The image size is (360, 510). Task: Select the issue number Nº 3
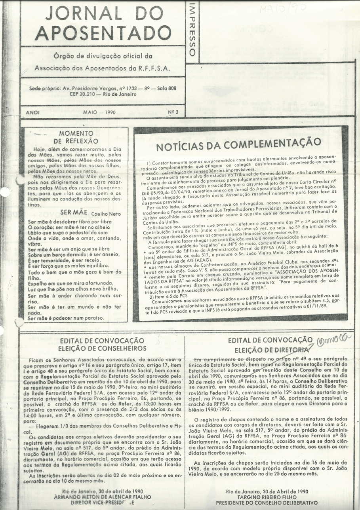(173, 112)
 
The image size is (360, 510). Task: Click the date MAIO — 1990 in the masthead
(99, 112)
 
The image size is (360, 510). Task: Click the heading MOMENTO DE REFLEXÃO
(76, 137)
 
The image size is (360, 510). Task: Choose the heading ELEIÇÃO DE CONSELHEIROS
(102, 348)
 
